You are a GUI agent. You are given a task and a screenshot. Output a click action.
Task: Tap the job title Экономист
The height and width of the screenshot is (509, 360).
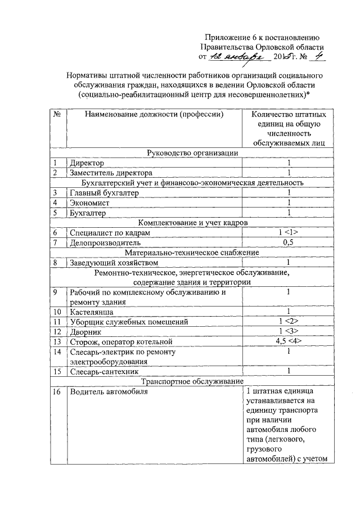tap(90, 202)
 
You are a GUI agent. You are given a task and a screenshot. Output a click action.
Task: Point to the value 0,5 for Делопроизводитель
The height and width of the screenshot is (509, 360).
tap(288, 242)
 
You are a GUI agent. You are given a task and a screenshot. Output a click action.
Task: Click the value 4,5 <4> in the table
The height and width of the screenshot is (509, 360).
tap(288, 341)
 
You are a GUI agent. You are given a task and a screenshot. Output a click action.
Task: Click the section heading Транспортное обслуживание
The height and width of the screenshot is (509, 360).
tap(192, 381)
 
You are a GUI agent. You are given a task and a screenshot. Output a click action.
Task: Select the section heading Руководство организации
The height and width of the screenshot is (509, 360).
tap(192, 153)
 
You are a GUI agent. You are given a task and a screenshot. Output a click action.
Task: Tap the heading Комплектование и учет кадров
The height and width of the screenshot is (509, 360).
tap(192, 223)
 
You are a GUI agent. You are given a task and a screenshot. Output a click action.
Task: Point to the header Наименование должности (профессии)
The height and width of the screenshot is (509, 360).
tap(151, 115)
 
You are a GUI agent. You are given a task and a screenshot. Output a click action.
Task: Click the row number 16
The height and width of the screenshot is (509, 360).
tap(57, 391)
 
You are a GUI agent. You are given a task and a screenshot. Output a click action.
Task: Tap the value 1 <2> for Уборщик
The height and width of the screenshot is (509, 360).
tap(288, 322)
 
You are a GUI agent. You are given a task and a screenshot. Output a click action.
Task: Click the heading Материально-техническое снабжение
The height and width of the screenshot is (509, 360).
tap(192, 253)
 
